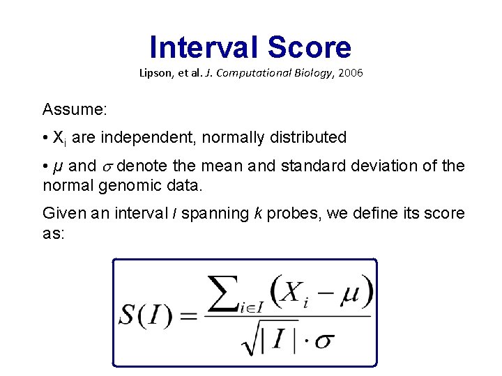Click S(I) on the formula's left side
(x=147, y=315)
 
